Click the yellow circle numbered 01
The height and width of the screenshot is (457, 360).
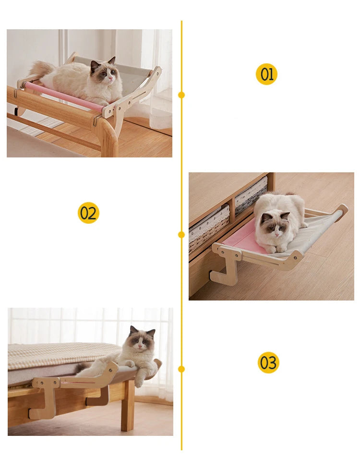click(x=266, y=74)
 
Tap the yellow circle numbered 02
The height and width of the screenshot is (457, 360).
click(x=88, y=213)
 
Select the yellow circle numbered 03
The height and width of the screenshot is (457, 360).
click(x=268, y=362)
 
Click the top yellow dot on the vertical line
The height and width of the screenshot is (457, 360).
click(x=181, y=95)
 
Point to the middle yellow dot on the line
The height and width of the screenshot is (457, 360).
click(x=181, y=234)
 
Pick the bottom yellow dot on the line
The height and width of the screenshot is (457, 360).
click(x=181, y=369)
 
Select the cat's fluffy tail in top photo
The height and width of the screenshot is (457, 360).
click(x=41, y=69)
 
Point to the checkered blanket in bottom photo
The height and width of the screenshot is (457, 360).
click(x=58, y=355)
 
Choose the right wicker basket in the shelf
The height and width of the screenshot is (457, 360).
click(x=251, y=194)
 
